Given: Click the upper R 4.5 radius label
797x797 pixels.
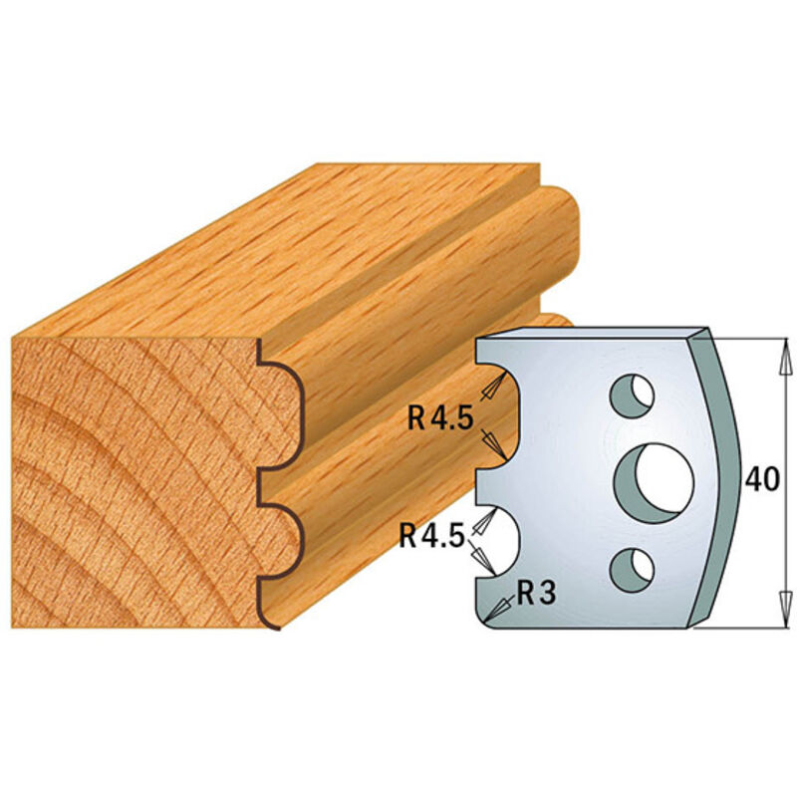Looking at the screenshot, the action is (x=440, y=419).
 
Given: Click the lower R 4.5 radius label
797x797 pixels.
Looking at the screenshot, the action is (x=431, y=536).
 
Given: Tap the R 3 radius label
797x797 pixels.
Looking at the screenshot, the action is (x=536, y=593).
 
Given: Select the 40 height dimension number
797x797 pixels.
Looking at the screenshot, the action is (x=762, y=479).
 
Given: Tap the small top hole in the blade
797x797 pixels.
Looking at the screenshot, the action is (x=632, y=395).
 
